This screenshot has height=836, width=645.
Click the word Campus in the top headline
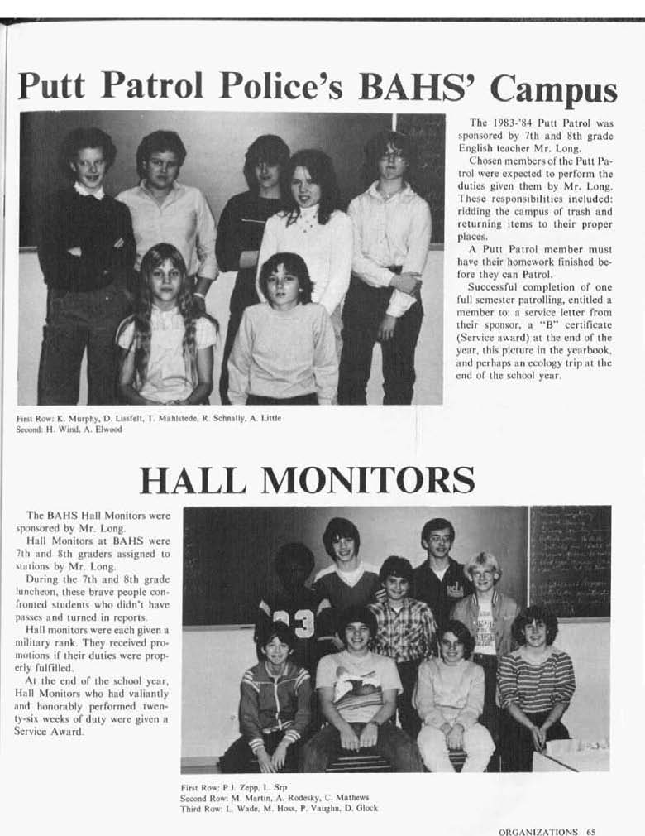pos(553,89)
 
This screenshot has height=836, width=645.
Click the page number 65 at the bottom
pos(590,831)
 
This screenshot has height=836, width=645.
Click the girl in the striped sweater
pos(534,670)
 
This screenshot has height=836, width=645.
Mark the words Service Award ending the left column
pos(55,732)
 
